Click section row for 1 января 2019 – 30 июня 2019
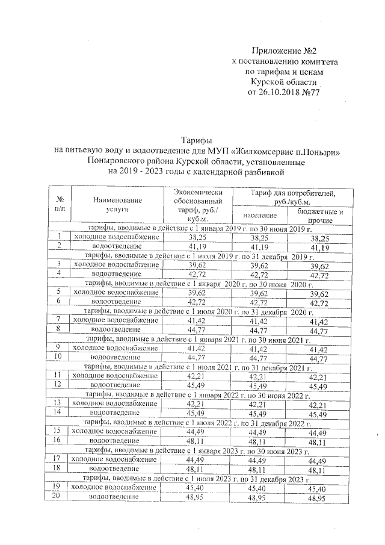pos(199,229)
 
